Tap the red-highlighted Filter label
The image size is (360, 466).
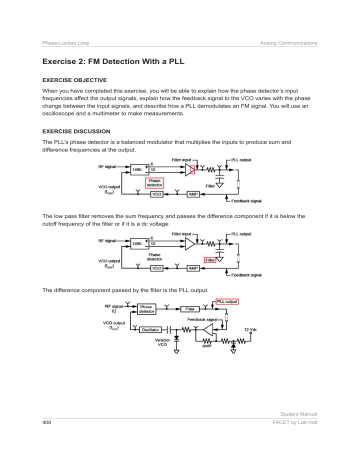[x=212, y=259]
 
